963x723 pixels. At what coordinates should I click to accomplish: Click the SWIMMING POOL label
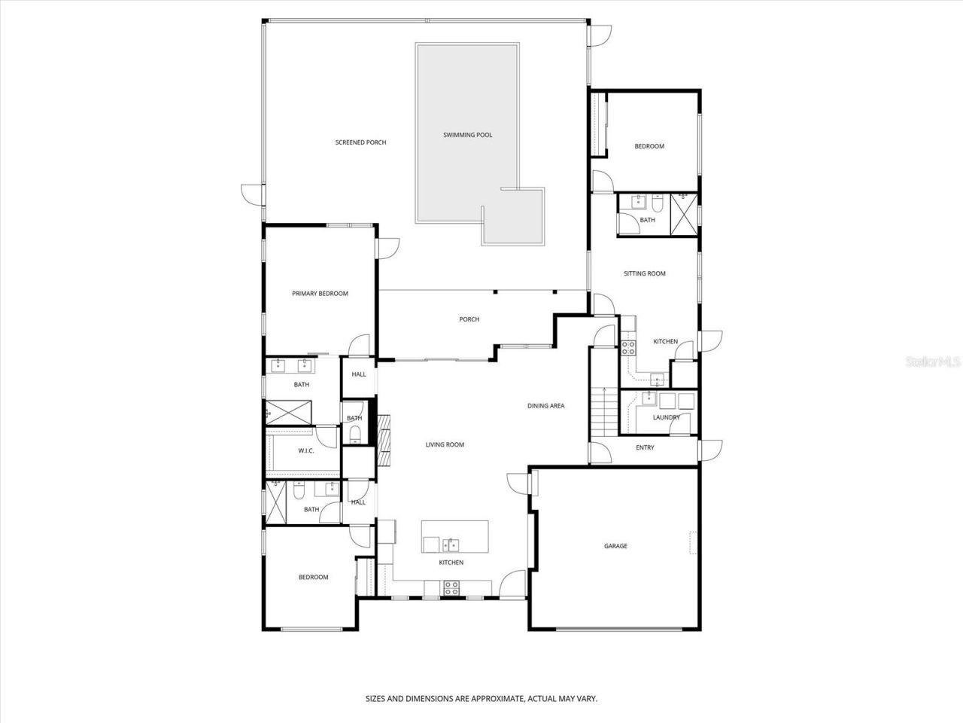(467, 135)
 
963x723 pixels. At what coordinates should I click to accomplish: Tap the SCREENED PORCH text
(360, 142)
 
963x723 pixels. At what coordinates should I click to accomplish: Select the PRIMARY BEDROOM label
(320, 294)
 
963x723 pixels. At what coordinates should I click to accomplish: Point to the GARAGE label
(615, 546)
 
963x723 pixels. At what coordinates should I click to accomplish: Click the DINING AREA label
(545, 406)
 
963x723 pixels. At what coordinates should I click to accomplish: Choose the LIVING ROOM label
(445, 444)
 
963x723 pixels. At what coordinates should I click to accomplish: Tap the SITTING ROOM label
(644, 273)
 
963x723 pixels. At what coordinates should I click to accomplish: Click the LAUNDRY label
(666, 417)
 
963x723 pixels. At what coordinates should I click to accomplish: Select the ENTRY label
(645, 447)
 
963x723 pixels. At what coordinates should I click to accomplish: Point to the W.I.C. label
(305, 450)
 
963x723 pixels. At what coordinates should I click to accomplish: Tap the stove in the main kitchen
(451, 588)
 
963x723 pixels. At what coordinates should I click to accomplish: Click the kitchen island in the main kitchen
(454, 536)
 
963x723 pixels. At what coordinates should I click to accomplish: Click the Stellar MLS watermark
(932, 362)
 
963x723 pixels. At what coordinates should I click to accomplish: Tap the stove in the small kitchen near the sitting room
(628, 348)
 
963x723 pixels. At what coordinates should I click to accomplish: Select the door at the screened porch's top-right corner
(601, 35)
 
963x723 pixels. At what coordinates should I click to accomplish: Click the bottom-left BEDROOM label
(313, 578)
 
